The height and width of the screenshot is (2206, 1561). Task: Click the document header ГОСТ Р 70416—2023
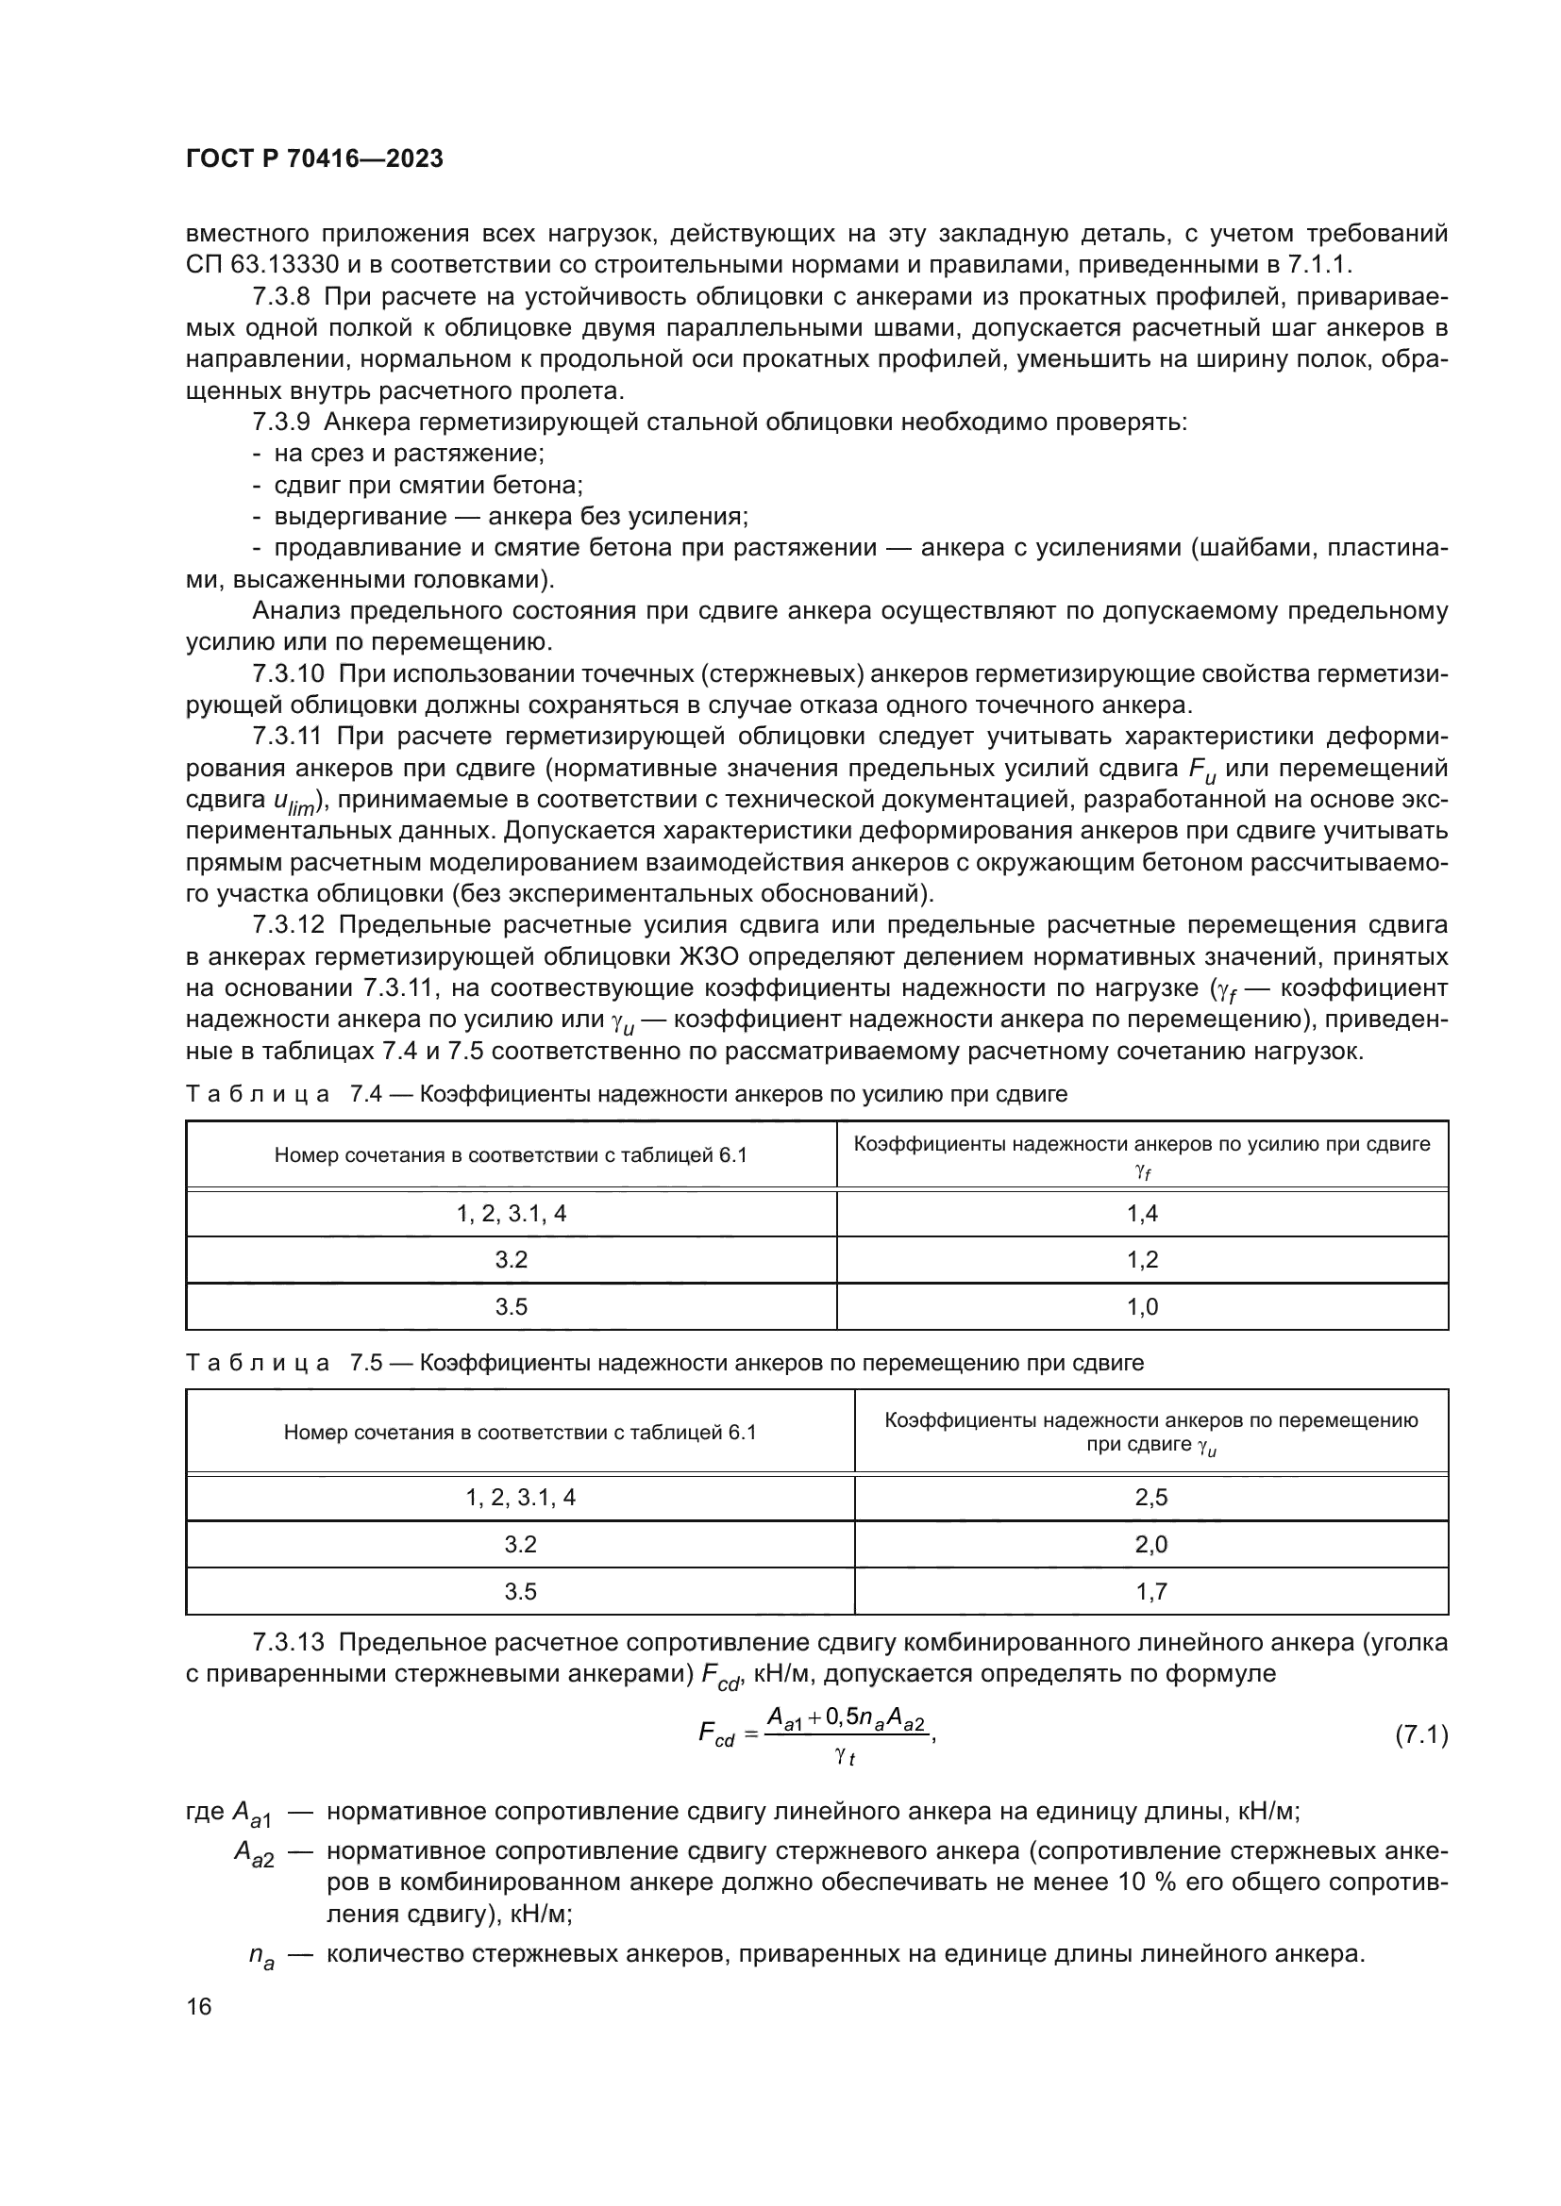[x=314, y=159]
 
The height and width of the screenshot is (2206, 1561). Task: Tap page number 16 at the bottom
[x=199, y=2006]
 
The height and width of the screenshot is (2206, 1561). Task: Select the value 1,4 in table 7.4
[x=1142, y=1214]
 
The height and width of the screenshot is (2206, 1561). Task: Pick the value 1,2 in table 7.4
[x=1142, y=1260]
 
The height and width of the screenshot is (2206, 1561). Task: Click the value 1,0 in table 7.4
[x=1142, y=1306]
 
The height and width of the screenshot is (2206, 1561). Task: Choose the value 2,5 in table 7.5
[x=1150, y=1498]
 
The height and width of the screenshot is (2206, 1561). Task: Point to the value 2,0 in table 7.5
[x=1150, y=1545]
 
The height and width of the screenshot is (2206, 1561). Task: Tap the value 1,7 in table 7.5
[x=1150, y=1592]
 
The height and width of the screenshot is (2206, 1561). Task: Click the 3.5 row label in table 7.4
[x=511, y=1306]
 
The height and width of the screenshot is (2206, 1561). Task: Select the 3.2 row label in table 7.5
[x=520, y=1545]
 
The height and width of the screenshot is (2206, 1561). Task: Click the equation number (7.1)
[x=1420, y=1735]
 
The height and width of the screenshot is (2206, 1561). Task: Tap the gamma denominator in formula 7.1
[x=845, y=1756]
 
